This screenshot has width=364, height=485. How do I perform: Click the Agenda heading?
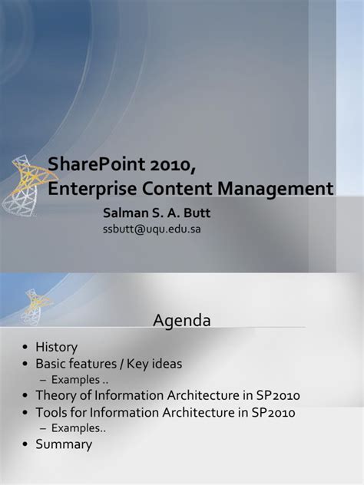point(182,319)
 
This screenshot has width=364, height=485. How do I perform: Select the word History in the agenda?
point(57,347)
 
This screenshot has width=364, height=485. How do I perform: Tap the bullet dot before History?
point(26,348)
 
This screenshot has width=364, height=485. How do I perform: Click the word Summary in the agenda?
point(64,444)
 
